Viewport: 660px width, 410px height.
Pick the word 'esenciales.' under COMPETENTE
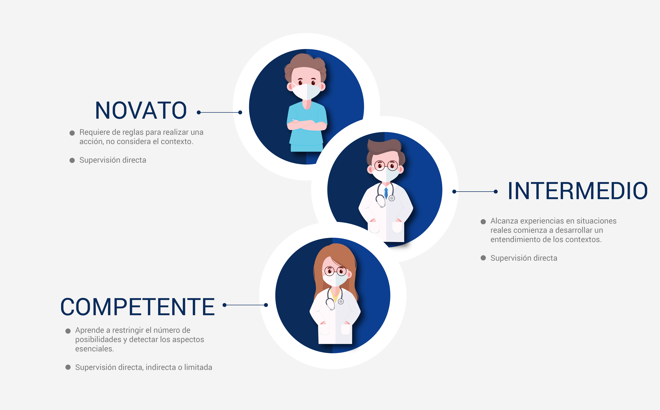coord(95,349)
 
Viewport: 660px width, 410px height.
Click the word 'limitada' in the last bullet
coord(198,367)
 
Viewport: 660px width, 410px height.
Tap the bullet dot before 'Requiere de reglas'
coord(72,133)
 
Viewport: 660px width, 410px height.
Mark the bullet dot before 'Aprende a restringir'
coord(68,331)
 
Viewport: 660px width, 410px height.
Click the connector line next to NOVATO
coord(219,112)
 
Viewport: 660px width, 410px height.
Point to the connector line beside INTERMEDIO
coord(475,191)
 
